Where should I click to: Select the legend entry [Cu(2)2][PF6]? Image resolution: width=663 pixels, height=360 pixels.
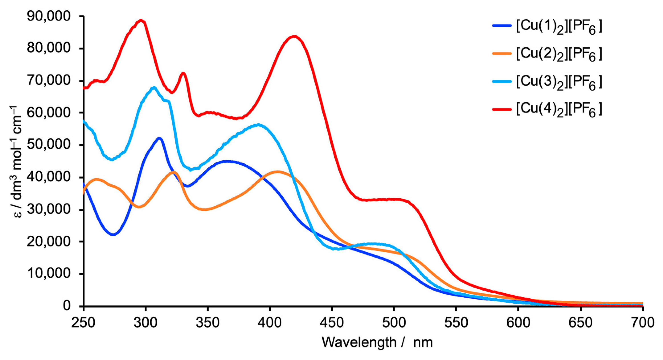tap(559, 54)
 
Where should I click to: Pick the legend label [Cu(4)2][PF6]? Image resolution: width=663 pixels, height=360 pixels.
tap(559, 110)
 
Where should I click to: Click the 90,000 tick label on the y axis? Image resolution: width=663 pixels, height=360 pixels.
tap(48, 16)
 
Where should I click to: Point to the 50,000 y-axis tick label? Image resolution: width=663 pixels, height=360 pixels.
tap(48, 145)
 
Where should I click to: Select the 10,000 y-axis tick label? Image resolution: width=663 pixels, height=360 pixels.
tap(48, 274)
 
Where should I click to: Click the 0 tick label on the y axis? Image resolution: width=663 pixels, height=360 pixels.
tap(66, 306)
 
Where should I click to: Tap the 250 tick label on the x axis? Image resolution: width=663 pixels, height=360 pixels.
tap(83, 323)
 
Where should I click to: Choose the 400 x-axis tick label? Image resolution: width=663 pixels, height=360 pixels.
tap(270, 323)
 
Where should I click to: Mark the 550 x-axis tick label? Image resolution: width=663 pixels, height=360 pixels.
tap(456, 323)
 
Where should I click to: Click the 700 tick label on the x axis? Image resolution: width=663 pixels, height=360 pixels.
tap(643, 323)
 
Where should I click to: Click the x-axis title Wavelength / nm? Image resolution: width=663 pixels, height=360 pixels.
tap(377, 342)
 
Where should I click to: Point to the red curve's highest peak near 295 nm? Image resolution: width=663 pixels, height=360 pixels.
tap(141, 20)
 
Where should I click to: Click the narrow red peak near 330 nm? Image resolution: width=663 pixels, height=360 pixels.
tap(183, 73)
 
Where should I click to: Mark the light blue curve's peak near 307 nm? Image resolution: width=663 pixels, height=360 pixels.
tap(154, 88)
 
